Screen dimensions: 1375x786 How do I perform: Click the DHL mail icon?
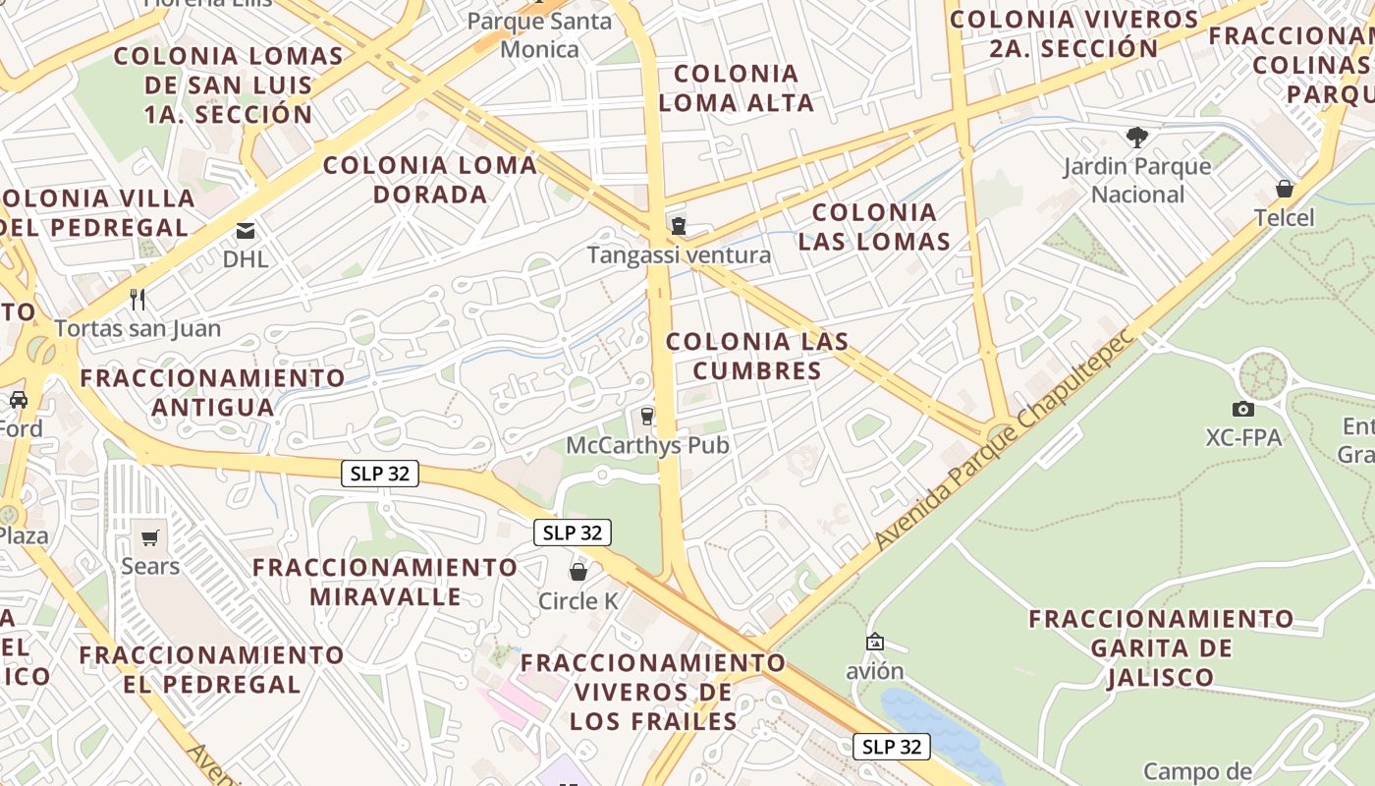[x=245, y=231]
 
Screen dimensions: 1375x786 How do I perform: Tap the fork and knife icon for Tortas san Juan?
[x=137, y=299]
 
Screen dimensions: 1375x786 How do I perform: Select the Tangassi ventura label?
[x=679, y=255]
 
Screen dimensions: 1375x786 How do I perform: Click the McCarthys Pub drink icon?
[x=646, y=417]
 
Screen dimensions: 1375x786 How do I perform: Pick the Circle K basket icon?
[x=578, y=571]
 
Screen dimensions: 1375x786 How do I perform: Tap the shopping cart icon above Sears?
[x=149, y=537]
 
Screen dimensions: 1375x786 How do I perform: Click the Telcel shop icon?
[x=1284, y=189]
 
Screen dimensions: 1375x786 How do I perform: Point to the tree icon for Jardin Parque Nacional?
[x=1137, y=137]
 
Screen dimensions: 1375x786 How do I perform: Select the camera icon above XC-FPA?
[x=1242, y=409]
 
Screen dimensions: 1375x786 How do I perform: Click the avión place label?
[x=874, y=672]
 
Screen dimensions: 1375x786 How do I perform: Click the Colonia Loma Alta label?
[x=737, y=87]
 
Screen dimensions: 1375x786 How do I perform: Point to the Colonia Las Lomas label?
[x=874, y=226]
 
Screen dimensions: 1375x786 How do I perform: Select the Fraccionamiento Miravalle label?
[x=385, y=582]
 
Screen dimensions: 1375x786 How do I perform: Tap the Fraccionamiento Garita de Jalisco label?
[x=1162, y=647]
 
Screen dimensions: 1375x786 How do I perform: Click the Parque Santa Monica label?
[x=539, y=34]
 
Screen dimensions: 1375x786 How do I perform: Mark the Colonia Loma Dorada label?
[x=430, y=179]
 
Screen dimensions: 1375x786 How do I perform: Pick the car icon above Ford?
[x=19, y=400]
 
